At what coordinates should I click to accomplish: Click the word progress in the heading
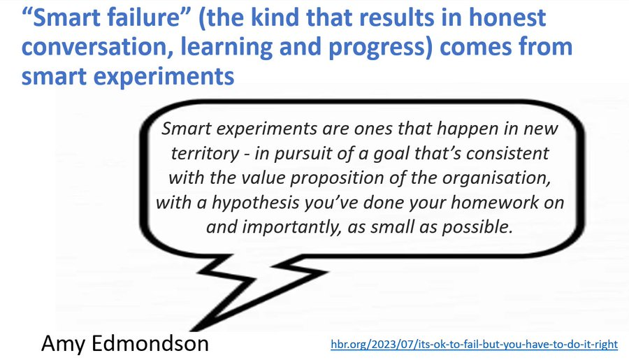click(384, 48)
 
